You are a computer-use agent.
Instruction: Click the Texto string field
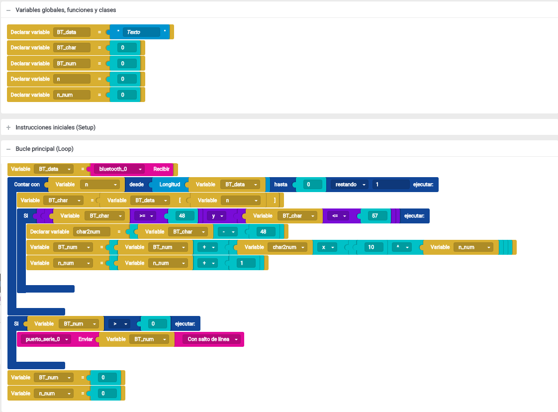click(x=141, y=32)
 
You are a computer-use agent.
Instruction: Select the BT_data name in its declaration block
click(x=72, y=32)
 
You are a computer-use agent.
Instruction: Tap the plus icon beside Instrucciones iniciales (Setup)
click(x=8, y=127)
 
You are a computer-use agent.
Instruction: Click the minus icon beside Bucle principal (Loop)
click(x=8, y=149)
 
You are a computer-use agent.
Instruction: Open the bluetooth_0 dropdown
click(x=119, y=169)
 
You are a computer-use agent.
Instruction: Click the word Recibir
click(x=161, y=169)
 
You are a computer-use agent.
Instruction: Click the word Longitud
click(x=170, y=185)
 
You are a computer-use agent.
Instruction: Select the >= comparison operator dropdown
click(x=146, y=216)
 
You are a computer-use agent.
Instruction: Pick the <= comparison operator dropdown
click(x=338, y=216)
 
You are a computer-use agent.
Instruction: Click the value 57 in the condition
click(x=374, y=216)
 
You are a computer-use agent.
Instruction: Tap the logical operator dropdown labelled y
click(x=217, y=216)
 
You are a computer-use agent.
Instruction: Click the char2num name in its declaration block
click(x=92, y=232)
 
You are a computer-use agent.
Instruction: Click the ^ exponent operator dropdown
click(x=402, y=247)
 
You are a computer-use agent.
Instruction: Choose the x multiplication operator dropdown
click(x=327, y=247)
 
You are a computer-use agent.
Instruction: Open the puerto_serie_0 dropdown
click(x=46, y=339)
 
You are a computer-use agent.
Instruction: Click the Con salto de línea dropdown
click(x=212, y=339)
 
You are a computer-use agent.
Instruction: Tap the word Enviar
click(x=86, y=339)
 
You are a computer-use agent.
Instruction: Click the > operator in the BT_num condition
click(x=119, y=324)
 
